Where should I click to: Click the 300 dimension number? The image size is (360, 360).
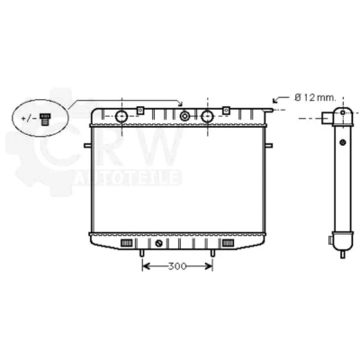(x=177, y=266)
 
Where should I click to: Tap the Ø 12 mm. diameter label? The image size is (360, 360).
(x=315, y=97)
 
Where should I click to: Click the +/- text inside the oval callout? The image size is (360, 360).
(x=29, y=118)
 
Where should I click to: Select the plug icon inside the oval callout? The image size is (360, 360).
(x=45, y=119)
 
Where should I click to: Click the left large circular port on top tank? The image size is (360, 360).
(x=121, y=116)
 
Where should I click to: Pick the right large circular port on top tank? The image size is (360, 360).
(x=207, y=116)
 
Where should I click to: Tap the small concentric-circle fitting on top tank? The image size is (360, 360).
(x=184, y=116)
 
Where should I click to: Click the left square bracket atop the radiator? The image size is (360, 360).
(x=140, y=110)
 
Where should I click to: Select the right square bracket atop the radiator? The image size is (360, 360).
(x=226, y=110)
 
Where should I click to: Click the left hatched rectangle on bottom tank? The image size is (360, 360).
(x=126, y=243)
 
